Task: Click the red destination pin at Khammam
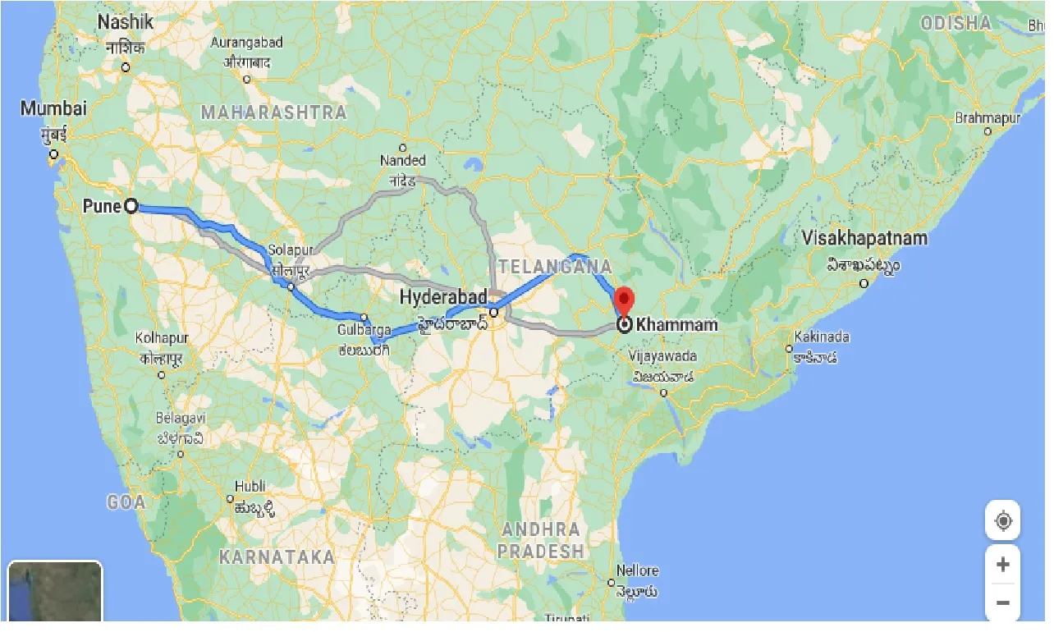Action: coord(625,300)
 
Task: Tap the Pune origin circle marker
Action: coord(131,206)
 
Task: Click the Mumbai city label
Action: coord(53,108)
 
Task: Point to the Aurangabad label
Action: coord(246,43)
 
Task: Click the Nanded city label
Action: coord(402,161)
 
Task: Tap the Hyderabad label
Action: coord(443,296)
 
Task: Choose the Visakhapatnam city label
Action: coord(865,239)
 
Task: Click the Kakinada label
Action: coord(822,337)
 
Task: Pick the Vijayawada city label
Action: coord(663,356)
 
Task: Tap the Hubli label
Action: coord(250,486)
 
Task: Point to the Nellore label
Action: coord(637,570)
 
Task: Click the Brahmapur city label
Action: coord(988,118)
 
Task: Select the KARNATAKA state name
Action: coord(277,557)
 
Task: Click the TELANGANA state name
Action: coord(555,267)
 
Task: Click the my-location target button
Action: coord(1002,520)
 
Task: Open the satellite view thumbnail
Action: coord(54,591)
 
